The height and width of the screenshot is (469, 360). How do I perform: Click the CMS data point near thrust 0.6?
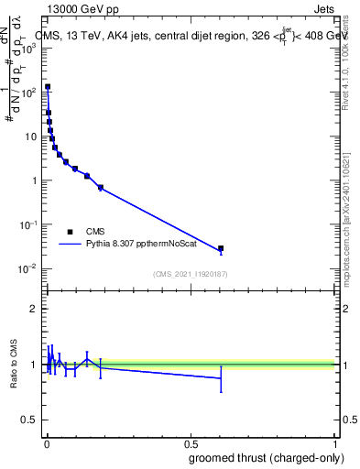coord(221,248)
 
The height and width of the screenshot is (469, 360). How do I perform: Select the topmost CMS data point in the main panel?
coord(48,87)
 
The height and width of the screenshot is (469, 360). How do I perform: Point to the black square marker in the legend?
coord(70,232)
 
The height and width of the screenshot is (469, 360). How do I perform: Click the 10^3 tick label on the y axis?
coord(29,48)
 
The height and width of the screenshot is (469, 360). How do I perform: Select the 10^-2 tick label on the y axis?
coord(29,268)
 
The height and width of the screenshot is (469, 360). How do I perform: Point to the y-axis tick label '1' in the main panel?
coord(35,180)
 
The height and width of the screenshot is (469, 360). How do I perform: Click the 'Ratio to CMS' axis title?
coord(14,365)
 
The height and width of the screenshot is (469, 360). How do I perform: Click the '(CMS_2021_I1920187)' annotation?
coord(190,274)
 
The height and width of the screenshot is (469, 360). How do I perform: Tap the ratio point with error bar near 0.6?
coord(221,377)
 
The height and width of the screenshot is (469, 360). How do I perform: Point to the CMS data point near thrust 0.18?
coord(100,188)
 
